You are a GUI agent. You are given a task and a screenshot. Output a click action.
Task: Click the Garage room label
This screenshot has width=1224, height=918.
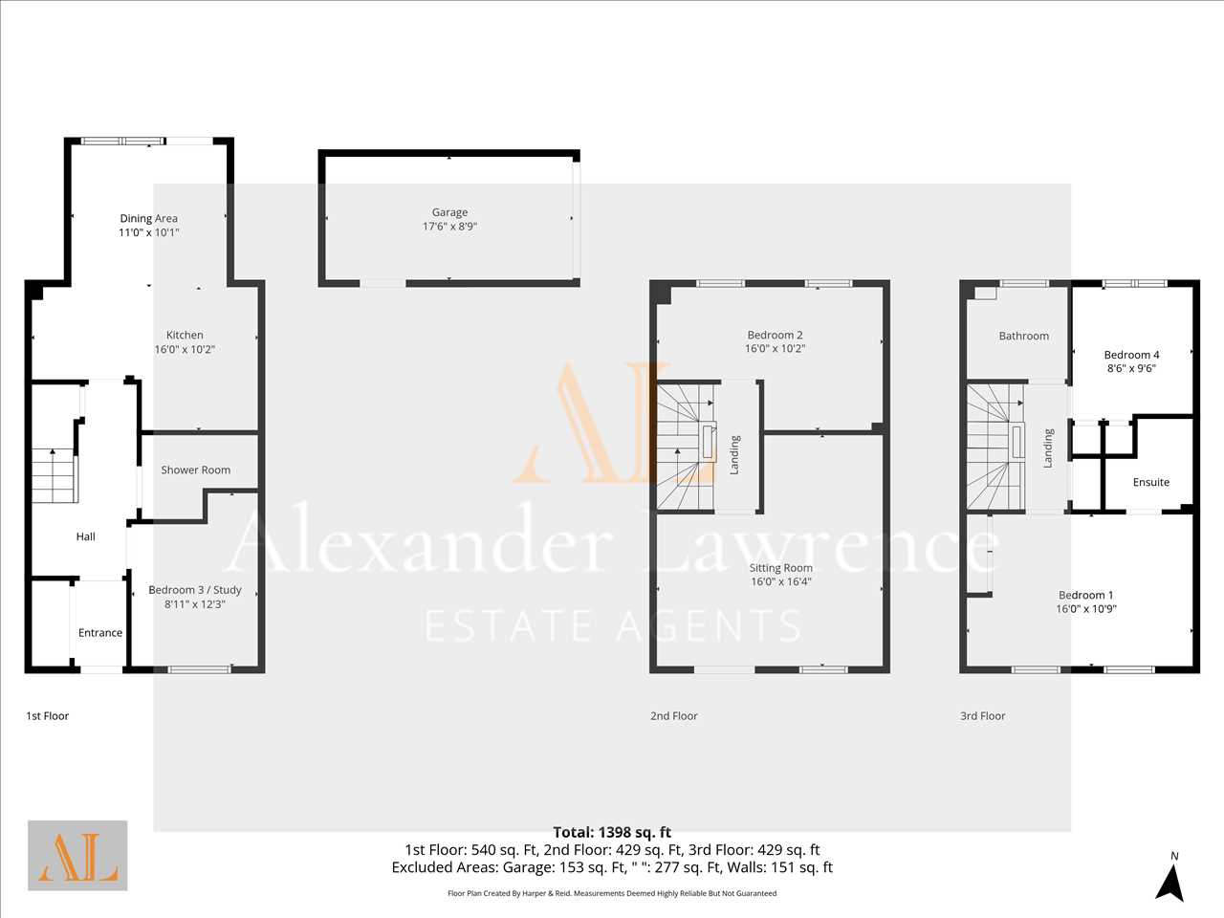449,212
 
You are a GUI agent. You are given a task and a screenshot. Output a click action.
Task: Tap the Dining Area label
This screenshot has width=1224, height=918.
149,218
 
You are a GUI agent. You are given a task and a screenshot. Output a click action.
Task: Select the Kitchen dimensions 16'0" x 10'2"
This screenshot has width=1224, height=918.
185,349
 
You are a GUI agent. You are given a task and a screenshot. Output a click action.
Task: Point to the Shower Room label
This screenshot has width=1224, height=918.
196,470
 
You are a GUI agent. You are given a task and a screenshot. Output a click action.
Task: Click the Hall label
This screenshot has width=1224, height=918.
85,536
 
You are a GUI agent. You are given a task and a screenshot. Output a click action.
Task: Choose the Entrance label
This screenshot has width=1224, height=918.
100,633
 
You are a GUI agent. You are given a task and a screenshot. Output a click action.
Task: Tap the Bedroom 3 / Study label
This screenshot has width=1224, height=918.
195,590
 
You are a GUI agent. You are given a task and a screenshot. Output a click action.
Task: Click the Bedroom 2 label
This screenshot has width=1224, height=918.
776,335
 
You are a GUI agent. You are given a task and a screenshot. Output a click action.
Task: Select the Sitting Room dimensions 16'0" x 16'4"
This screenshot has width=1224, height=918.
780,581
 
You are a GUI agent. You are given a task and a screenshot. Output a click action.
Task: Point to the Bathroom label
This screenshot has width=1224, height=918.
1024,336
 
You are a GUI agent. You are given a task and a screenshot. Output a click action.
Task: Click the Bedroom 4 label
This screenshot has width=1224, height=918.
1131,355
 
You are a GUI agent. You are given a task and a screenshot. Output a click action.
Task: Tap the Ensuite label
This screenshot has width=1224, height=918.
1151,482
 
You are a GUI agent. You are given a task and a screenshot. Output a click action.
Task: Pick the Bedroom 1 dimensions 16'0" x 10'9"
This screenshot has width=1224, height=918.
1086,609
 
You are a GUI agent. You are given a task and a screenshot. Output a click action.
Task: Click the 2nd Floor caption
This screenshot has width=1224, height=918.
673,715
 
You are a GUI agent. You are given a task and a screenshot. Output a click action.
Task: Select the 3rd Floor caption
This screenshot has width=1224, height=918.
982,715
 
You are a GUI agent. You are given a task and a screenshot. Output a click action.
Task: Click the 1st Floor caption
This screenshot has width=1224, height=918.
48,715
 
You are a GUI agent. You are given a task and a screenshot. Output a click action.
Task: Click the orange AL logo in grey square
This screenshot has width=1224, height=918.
77,856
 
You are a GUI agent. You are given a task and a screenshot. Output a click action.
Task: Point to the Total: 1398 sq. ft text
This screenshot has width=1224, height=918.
612,833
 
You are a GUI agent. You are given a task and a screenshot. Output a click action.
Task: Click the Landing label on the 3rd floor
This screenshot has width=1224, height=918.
1049,448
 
